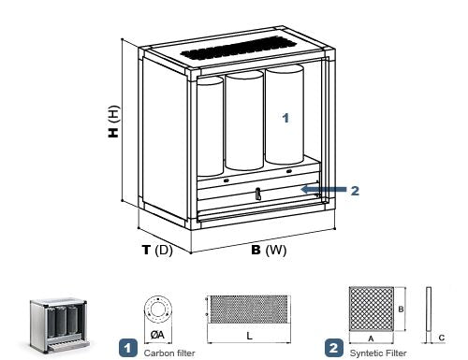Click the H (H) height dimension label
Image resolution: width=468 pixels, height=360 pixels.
click(x=114, y=122)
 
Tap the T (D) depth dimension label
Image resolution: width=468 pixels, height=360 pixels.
click(x=157, y=250)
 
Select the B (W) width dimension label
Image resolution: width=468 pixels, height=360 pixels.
click(x=269, y=250)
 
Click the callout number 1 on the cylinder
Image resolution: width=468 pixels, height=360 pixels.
click(x=285, y=118)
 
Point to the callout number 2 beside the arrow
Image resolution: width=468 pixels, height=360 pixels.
click(x=355, y=191)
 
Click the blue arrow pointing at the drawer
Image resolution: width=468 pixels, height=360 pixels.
click(x=324, y=189)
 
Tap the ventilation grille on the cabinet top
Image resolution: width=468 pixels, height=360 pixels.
click(x=238, y=49)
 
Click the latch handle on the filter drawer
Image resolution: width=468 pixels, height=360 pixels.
click(x=257, y=194)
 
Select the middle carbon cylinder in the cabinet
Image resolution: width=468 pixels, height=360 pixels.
click(x=244, y=121)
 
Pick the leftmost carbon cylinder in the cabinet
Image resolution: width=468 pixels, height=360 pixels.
click(x=210, y=126)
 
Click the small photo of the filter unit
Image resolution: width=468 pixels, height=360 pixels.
click(x=59, y=324)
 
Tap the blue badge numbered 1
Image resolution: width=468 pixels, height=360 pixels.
click(x=128, y=348)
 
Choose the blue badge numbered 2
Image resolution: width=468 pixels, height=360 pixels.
click(x=334, y=348)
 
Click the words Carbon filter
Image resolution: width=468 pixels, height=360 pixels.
click(x=169, y=353)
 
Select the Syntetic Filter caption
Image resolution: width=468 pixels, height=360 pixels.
click(x=378, y=353)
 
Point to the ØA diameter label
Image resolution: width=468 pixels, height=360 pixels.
click(x=157, y=335)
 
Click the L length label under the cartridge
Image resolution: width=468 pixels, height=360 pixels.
click(x=249, y=336)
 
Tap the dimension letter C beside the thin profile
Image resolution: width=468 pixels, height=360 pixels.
click(x=442, y=338)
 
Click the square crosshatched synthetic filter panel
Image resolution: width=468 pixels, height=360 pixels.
click(x=372, y=309)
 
